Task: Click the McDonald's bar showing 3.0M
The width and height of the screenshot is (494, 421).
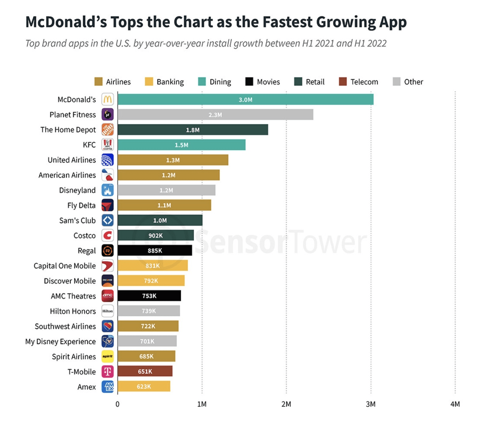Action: [x=245, y=100]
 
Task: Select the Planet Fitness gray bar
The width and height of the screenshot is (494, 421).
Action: [x=215, y=115]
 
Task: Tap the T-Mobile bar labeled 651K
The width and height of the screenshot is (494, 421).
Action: [x=145, y=371]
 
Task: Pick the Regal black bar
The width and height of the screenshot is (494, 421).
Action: [x=155, y=250]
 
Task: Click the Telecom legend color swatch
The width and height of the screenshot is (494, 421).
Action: [x=343, y=82]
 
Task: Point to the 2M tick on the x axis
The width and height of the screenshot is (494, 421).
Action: [x=286, y=404]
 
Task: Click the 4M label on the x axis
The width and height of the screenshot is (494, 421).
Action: [x=455, y=404]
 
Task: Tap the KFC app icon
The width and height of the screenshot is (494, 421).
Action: [x=107, y=145]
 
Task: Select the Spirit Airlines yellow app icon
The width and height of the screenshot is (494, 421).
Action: [x=107, y=356]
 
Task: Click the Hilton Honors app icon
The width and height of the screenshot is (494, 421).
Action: [x=107, y=311]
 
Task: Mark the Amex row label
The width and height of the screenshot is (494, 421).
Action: [x=87, y=387]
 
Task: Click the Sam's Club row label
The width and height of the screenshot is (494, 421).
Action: [x=77, y=220]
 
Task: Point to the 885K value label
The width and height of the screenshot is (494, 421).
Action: [x=155, y=250]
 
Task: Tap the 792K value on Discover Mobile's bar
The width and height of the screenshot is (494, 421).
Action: [x=151, y=281]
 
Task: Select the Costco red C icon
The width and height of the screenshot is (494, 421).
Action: [x=107, y=235]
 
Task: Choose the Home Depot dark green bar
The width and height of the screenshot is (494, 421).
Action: [x=193, y=130]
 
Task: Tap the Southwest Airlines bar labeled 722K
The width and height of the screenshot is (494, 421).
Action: [x=148, y=326]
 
